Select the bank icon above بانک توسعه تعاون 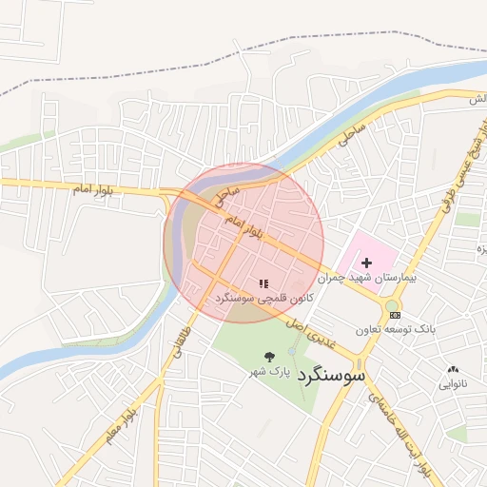click(396, 315)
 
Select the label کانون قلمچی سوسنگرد click(263, 298)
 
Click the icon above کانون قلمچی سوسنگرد click(263, 283)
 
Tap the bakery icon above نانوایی click(453, 369)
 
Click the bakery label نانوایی click(453, 383)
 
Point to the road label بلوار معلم click(123, 416)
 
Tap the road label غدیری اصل click(315, 334)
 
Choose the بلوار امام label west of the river click(94, 189)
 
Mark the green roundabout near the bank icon click(392, 306)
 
